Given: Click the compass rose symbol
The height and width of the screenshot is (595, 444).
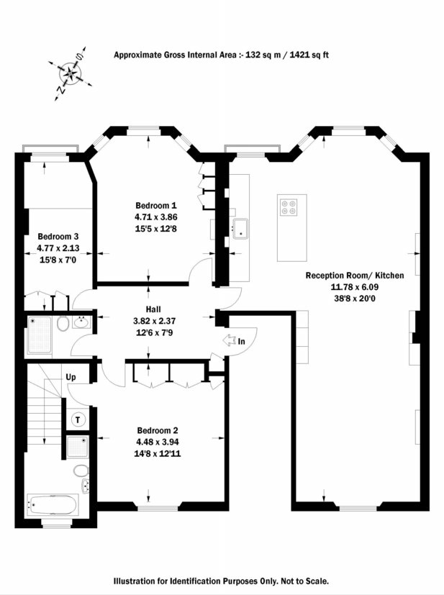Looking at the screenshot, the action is point(71,73).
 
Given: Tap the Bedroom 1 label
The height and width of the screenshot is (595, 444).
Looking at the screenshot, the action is point(156,206).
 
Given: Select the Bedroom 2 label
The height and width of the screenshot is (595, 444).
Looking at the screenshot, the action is point(158,430).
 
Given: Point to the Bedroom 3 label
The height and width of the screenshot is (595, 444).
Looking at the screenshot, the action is point(58,237).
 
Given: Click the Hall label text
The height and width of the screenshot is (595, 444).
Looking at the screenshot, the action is point(153,309).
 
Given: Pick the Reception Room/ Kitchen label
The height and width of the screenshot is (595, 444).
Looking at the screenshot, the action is point(355,276).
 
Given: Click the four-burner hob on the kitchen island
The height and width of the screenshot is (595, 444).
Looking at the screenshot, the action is point(289,207).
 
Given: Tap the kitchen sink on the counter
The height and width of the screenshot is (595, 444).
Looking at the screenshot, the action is point(240,229).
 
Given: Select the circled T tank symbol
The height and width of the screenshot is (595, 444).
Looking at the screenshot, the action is point(78,419).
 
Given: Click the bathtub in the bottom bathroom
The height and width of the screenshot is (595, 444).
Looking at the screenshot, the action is point(52,505).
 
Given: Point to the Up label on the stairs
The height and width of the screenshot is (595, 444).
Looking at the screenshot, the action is point(71,377).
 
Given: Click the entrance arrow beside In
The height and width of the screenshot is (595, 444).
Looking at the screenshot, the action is point(230,341).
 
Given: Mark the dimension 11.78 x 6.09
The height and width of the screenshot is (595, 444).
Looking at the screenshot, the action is point(355,287).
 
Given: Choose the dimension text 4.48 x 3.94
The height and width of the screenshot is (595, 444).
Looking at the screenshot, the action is point(158,442).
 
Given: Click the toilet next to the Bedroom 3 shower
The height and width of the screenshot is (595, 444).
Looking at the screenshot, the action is point(63,324).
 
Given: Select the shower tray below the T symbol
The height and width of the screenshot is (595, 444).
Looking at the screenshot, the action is point(78,448).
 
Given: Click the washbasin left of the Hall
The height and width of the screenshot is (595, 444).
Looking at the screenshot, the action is point(81,322).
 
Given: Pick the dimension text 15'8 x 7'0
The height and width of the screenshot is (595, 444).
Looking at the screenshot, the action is point(58,260).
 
